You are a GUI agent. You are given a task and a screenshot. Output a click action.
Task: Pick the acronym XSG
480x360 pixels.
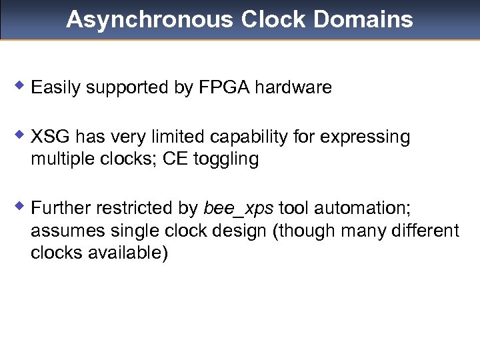coord(51,137)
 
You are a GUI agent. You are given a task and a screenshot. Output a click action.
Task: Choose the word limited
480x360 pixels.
coord(180,137)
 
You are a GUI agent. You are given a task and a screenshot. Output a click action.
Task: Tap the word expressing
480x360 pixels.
coord(365,137)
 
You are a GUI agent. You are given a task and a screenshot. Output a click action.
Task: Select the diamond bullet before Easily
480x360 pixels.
coord(21,84)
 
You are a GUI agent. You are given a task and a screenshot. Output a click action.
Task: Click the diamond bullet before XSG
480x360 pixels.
coord(21,133)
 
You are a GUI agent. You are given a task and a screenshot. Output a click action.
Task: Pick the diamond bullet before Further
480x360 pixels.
coord(21,205)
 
